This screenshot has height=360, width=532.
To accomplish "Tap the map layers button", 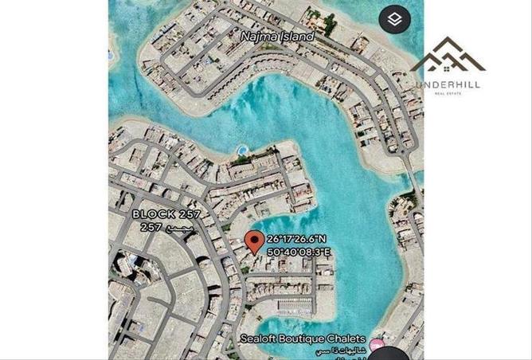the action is (x=394, y=18).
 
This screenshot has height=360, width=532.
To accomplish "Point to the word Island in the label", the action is (x=296, y=37).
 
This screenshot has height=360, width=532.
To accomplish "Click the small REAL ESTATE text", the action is (x=448, y=94).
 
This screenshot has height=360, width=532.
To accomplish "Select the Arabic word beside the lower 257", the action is (x=176, y=227).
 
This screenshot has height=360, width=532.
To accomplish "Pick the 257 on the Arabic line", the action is (x=151, y=227).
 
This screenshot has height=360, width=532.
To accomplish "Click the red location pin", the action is (x=254, y=241).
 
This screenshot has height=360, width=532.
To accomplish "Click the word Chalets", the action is (x=347, y=338).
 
